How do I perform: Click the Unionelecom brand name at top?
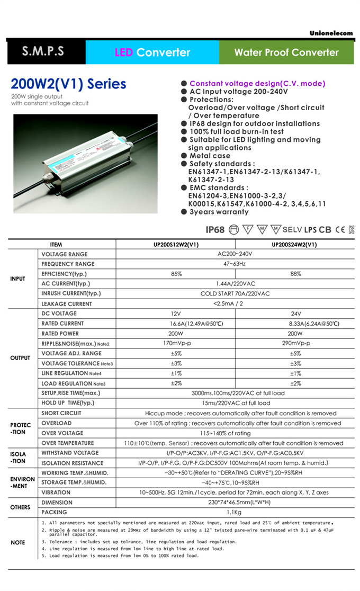click(331, 33)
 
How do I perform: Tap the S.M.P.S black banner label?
click(43, 52)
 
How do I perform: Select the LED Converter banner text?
click(152, 52)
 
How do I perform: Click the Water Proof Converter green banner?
click(286, 52)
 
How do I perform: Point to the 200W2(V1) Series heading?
click(69, 84)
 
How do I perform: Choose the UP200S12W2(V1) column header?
click(176, 245)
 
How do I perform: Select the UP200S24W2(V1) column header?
click(294, 245)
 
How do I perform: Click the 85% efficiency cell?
click(176, 274)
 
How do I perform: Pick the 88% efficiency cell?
click(295, 274)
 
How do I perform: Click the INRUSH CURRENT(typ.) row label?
click(71, 293)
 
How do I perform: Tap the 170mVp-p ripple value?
click(176, 344)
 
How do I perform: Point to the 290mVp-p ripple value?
click(295, 344)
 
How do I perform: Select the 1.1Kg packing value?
click(235, 513)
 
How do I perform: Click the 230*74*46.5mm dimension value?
click(235, 503)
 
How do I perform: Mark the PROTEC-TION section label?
click(20, 428)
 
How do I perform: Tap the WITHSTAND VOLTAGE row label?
click(70, 453)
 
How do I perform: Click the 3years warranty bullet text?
click(219, 212)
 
